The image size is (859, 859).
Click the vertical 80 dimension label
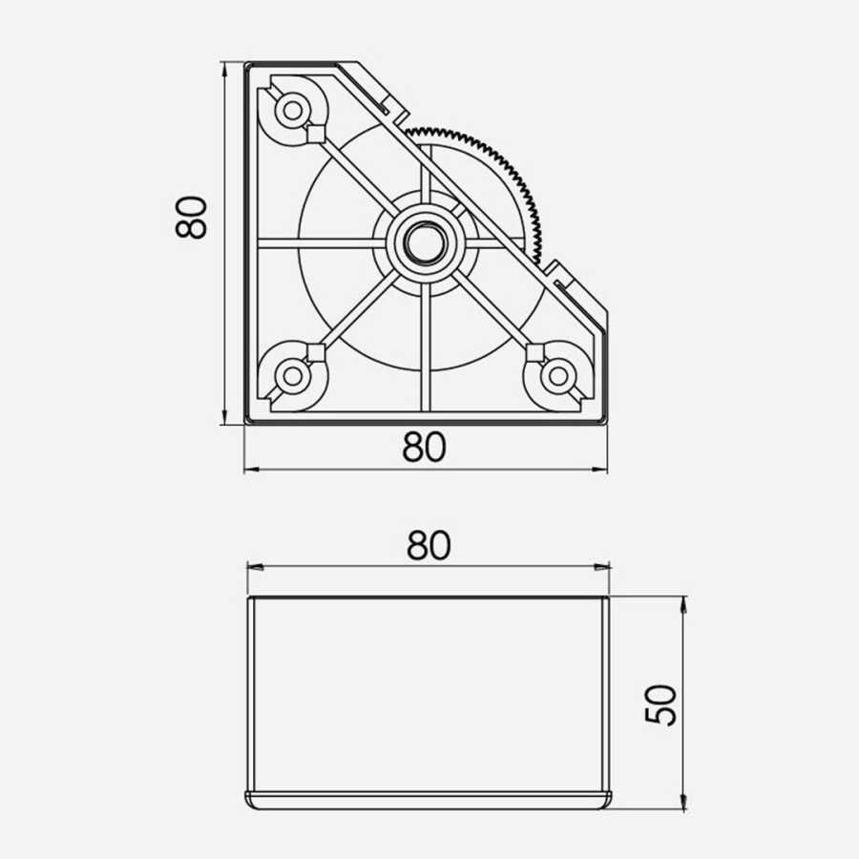[191, 217]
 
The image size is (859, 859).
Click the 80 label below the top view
[425, 447]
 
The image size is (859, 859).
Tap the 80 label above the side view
[429, 545]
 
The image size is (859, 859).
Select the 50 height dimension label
[661, 705]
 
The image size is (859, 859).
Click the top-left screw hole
[293, 111]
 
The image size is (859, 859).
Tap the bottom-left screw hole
[293, 376]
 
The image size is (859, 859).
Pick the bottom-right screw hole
[557, 376]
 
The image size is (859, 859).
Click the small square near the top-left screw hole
[314, 133]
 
